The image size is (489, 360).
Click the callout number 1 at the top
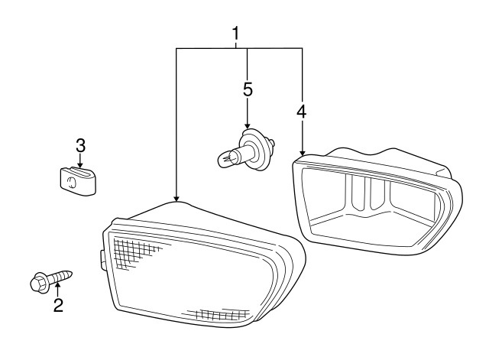(x=236, y=34)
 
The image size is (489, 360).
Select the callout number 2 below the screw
(x=58, y=305)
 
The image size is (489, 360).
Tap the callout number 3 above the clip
(x=80, y=145)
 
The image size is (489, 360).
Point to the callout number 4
(x=302, y=112)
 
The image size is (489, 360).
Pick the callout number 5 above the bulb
(x=248, y=89)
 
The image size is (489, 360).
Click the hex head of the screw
(x=39, y=282)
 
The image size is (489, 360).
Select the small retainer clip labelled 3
(x=78, y=181)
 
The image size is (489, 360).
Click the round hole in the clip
(x=71, y=183)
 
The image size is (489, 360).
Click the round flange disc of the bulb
(x=256, y=150)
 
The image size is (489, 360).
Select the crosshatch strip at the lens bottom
(x=219, y=314)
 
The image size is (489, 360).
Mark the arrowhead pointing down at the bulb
(x=248, y=125)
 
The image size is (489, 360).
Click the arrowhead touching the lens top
(x=176, y=199)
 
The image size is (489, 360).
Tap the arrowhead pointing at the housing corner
(x=302, y=153)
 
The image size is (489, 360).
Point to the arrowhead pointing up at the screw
(x=57, y=285)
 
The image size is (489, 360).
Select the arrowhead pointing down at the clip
(x=80, y=165)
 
